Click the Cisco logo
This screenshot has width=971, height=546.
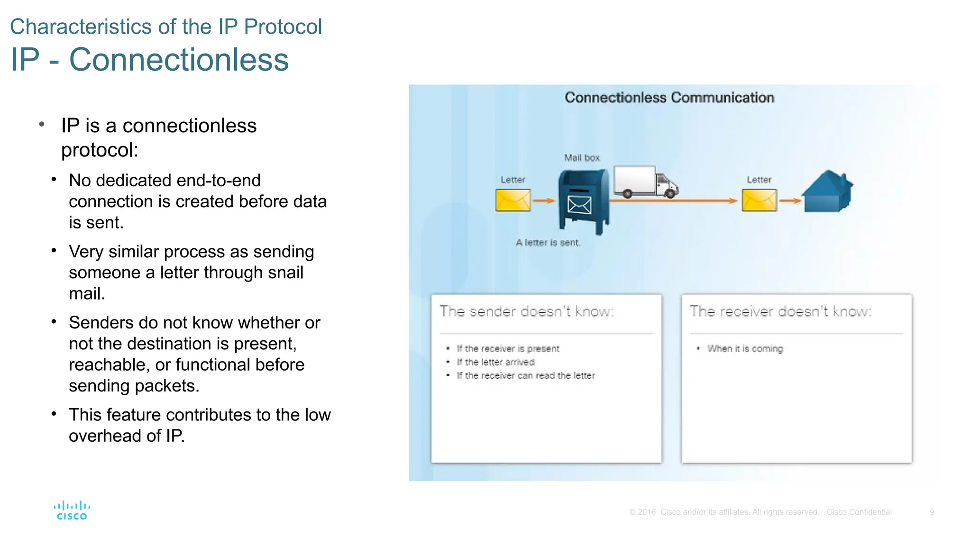(x=72, y=510)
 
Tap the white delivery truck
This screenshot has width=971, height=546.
(x=645, y=182)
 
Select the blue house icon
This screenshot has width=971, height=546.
(x=827, y=191)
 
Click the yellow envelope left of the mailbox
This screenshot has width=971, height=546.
(x=513, y=200)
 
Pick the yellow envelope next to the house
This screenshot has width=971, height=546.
(x=759, y=200)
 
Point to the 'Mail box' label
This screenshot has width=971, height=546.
(x=582, y=158)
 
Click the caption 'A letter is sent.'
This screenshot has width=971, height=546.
(x=548, y=243)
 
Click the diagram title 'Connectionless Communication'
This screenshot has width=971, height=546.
(x=669, y=98)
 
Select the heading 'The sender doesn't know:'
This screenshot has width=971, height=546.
(x=526, y=311)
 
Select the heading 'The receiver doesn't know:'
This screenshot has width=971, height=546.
(x=780, y=311)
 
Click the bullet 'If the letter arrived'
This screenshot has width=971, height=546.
(x=495, y=362)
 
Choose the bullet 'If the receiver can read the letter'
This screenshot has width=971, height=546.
(x=525, y=375)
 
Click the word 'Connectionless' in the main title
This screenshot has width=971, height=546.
(x=179, y=60)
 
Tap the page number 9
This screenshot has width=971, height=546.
(x=932, y=512)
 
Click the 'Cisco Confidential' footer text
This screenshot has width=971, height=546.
(x=859, y=512)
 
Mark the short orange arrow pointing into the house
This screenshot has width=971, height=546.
(x=789, y=200)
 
